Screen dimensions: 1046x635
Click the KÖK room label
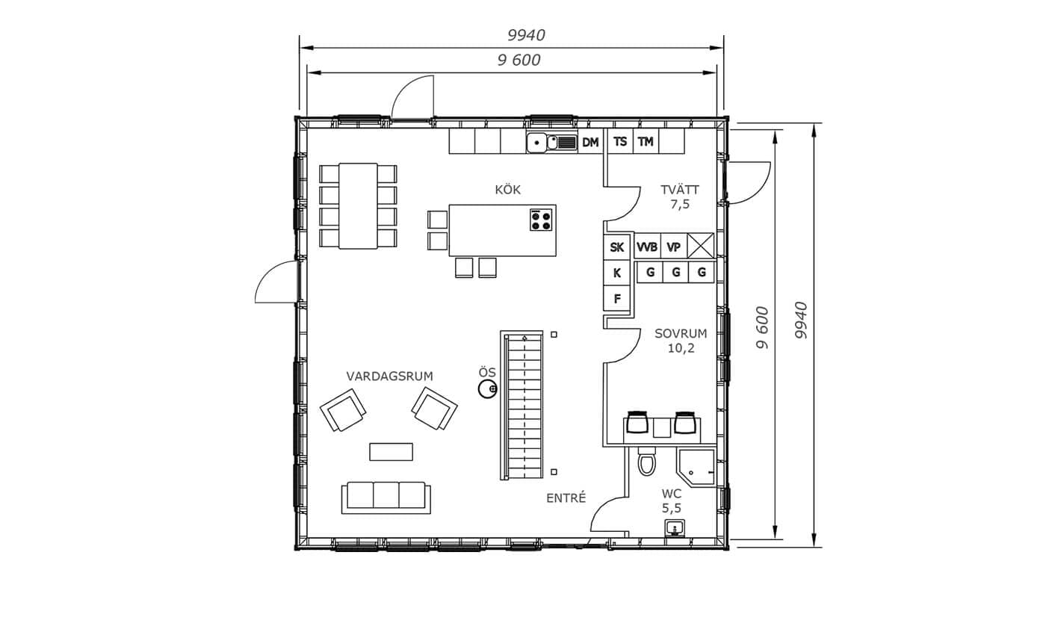coord(507,190)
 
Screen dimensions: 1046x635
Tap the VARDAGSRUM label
coord(389,376)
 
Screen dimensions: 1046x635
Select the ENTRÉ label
coord(566,498)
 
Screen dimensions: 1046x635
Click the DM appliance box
coord(591,141)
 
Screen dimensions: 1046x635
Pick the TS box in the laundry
coord(620,141)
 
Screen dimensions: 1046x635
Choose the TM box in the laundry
coord(646,141)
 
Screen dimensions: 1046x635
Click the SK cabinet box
coord(617,247)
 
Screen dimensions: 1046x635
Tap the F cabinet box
coord(617,298)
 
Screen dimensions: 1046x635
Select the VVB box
coord(647,247)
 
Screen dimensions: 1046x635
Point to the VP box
coord(673,247)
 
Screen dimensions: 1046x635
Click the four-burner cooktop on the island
coord(541,220)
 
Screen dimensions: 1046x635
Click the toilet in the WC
coord(647,461)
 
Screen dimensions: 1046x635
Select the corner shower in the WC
coord(696,468)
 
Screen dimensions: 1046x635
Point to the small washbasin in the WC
coord(675,529)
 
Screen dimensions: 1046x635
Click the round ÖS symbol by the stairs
coord(487,389)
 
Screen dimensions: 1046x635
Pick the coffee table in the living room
coord(392,452)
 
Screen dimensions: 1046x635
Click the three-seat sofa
coord(386,498)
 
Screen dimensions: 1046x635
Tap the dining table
coord(358,206)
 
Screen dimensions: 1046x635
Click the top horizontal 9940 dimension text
coord(526,35)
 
